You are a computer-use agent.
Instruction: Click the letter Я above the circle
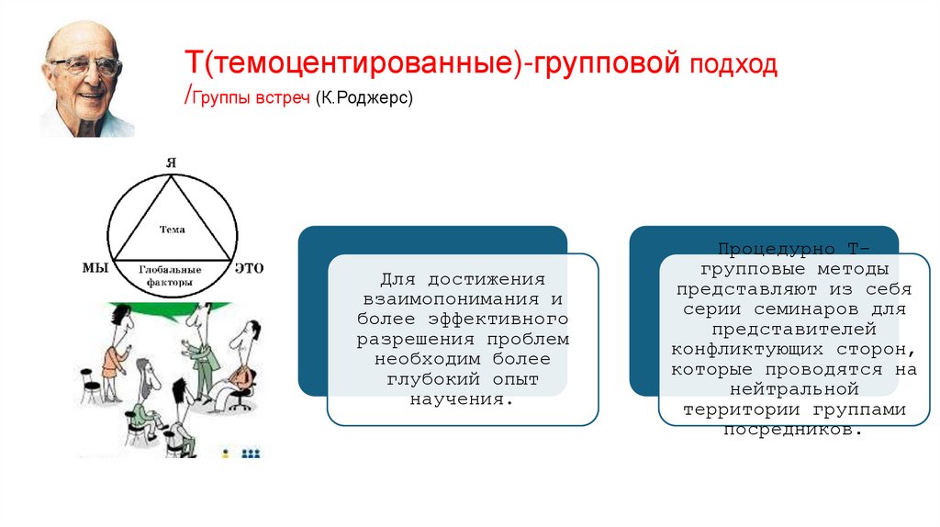tap(171, 163)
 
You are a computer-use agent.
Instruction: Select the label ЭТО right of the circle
tap(249, 268)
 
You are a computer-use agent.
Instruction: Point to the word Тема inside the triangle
tap(172, 230)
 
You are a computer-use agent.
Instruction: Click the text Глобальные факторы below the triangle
tap(172, 276)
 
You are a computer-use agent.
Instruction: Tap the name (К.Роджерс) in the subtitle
tap(364, 96)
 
